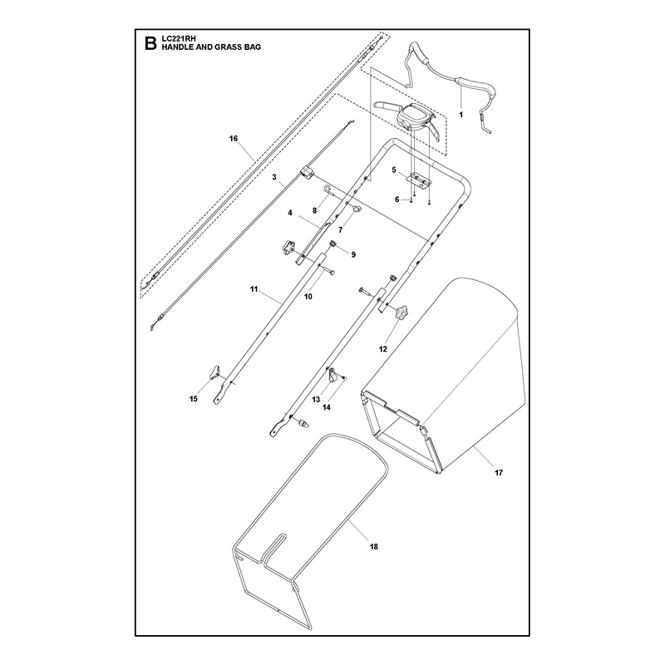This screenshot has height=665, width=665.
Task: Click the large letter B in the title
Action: [150, 44]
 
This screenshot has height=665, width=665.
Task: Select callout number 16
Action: [234, 139]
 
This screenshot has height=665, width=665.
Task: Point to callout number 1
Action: [461, 115]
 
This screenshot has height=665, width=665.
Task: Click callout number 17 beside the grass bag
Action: [499, 472]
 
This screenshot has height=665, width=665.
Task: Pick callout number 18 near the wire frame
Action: [373, 547]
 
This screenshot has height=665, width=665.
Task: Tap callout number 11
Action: [254, 289]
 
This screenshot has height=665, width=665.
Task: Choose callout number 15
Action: [194, 399]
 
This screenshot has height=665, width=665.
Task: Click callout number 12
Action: [383, 349]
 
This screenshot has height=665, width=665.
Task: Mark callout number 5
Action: [394, 170]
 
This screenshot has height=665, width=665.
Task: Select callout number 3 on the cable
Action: [274, 176]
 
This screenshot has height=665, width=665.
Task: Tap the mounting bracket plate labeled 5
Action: [420, 180]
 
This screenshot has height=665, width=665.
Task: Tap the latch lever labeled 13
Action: [334, 374]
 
